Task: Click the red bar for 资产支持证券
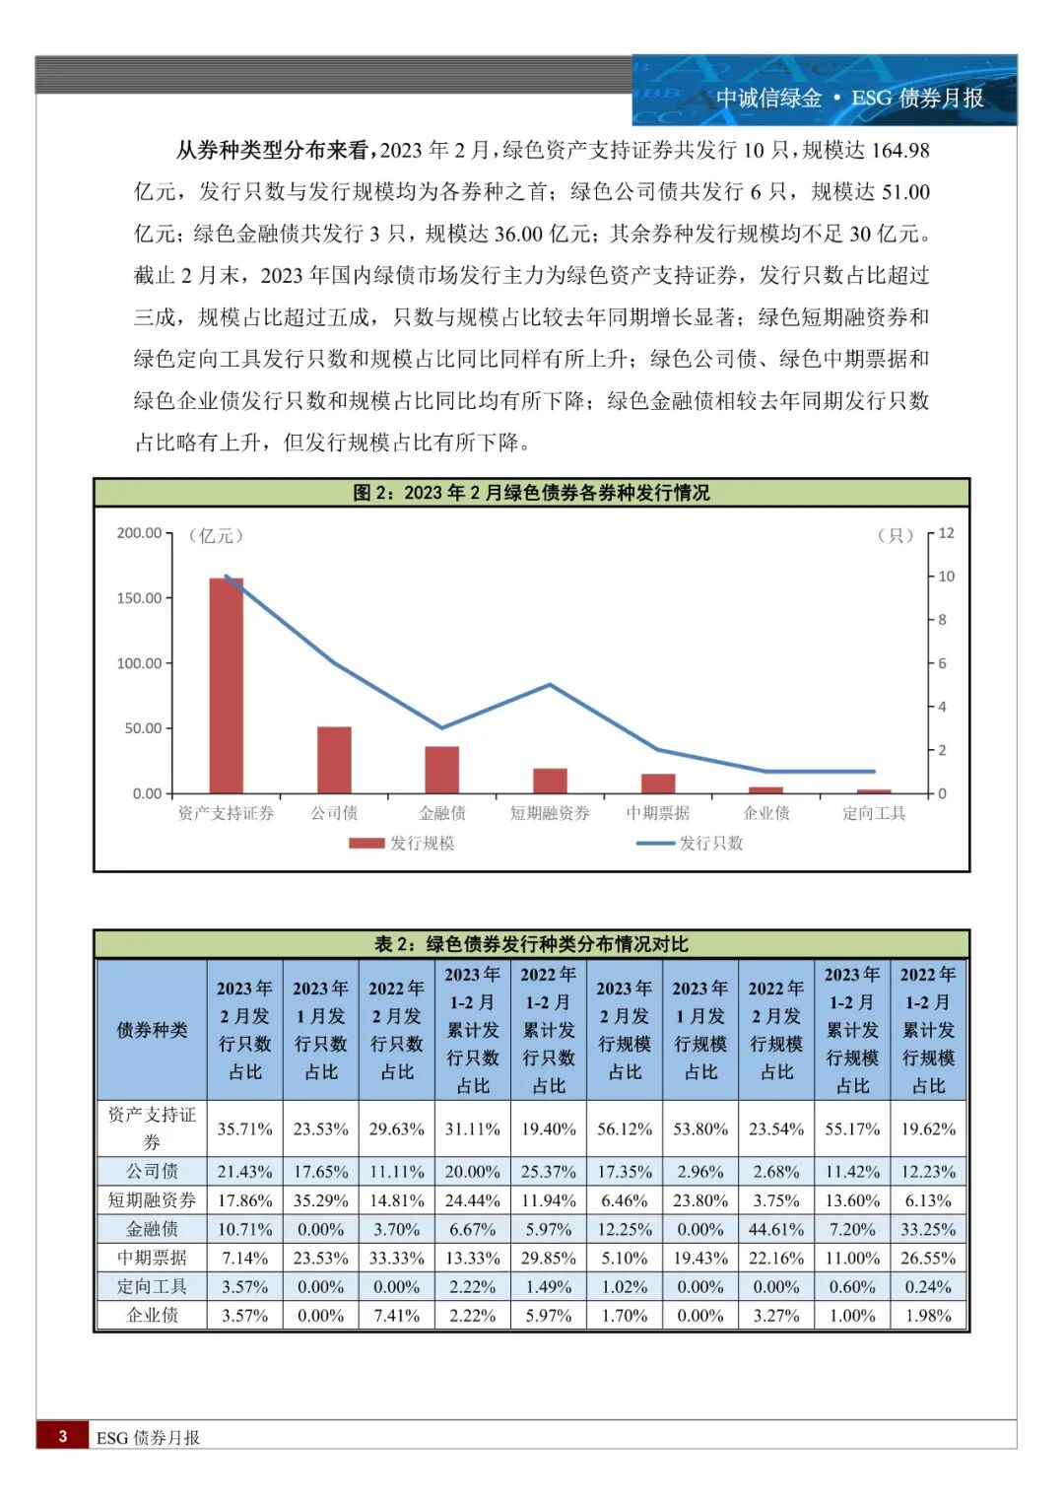tap(226, 685)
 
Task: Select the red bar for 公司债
tap(334, 760)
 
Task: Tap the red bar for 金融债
tap(441, 770)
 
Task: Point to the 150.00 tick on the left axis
tap(139, 598)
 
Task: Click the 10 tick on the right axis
tap(946, 577)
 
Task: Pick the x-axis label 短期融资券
tap(550, 813)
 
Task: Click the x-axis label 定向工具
tap(874, 813)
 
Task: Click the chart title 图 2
tap(531, 493)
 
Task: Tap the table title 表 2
tap(531, 944)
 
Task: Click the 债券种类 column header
tap(152, 1030)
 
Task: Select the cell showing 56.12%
tap(625, 1128)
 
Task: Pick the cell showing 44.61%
tap(776, 1229)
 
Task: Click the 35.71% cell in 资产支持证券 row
tap(244, 1128)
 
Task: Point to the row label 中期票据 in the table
tap(152, 1258)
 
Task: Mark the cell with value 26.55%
tap(928, 1258)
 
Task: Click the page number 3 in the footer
tap(63, 1436)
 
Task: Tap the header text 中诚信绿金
tap(768, 99)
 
